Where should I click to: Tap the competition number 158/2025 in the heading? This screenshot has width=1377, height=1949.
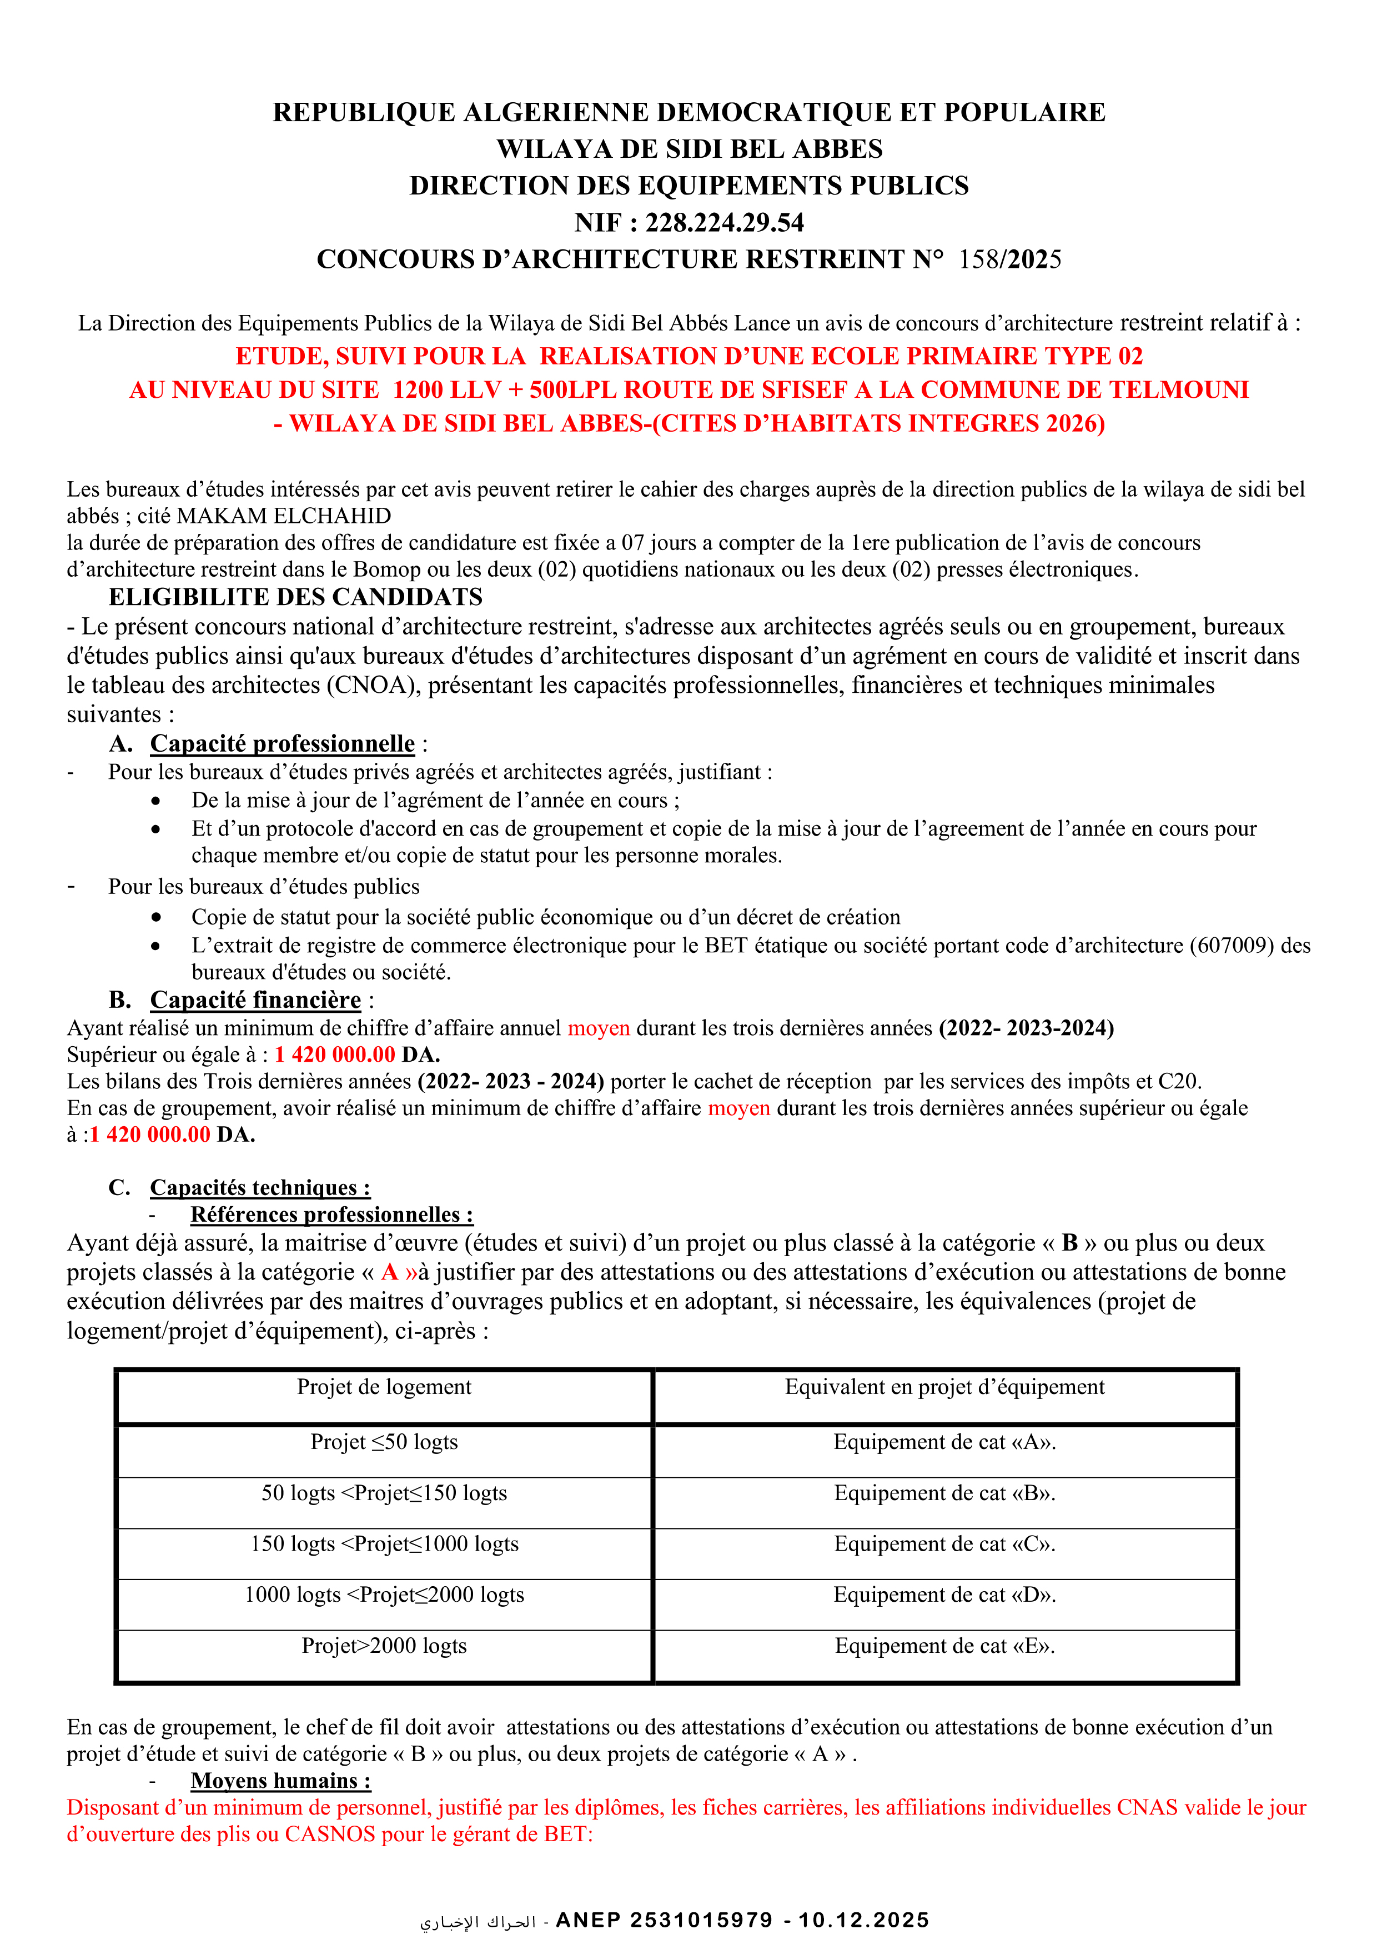pyautogui.click(x=1009, y=259)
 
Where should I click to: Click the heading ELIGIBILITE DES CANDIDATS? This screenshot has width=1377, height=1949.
pyautogui.click(x=295, y=597)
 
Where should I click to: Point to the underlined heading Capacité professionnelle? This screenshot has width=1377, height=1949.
pyautogui.click(x=283, y=743)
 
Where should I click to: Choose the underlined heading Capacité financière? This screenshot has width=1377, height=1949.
pyautogui.click(x=255, y=1000)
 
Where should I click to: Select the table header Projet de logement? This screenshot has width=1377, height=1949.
pyautogui.click(x=384, y=1387)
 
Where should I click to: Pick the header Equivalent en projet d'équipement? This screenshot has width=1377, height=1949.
pyautogui.click(x=944, y=1387)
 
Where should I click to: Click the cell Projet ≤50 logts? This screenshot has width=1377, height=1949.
pyautogui.click(x=384, y=1442)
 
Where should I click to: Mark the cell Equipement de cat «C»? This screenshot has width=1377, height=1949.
pyautogui.click(x=944, y=1544)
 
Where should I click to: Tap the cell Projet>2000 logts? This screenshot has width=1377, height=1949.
pyautogui.click(x=384, y=1646)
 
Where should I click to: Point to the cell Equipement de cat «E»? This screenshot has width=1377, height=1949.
pyautogui.click(x=944, y=1646)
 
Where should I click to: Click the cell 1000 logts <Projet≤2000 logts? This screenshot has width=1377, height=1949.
pyautogui.click(x=384, y=1595)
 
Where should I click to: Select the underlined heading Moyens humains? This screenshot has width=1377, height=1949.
pyautogui.click(x=281, y=1781)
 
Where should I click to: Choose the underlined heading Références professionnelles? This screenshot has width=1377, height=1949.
pyautogui.click(x=331, y=1215)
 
